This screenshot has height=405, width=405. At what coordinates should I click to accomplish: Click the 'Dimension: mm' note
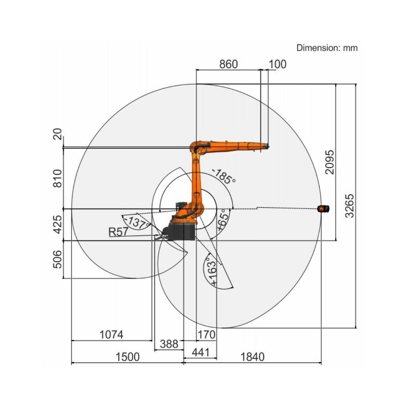click(327, 48)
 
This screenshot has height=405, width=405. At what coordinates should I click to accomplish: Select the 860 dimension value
click(229, 64)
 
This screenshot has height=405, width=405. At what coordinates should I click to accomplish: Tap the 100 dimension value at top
click(277, 64)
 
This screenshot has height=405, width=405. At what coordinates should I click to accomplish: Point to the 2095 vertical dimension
click(330, 162)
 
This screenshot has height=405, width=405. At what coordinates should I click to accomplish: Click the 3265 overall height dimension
click(350, 206)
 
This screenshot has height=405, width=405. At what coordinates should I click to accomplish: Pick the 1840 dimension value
click(253, 357)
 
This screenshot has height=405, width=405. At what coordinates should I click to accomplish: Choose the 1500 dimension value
click(127, 357)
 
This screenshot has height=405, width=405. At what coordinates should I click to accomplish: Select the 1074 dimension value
click(111, 335)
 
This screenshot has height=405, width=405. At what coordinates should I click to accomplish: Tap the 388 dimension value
click(169, 344)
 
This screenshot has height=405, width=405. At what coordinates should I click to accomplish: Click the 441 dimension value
click(201, 352)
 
